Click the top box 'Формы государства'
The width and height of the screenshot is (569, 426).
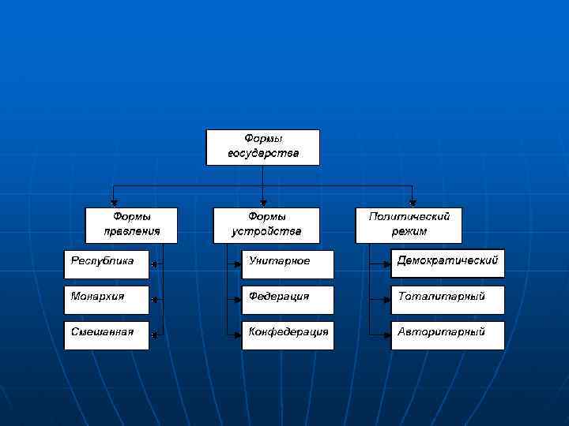pyautogui.click(x=262, y=147)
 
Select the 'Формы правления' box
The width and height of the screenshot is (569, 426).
pyautogui.click(x=131, y=225)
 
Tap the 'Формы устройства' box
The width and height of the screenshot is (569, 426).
pyautogui.click(x=266, y=225)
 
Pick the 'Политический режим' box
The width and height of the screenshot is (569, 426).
pyautogui.click(x=409, y=225)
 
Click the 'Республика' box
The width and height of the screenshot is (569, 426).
pyautogui.click(x=106, y=264)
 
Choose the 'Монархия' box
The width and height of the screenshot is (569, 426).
pyautogui.click(x=106, y=300)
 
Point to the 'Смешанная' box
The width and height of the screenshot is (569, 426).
pyautogui.click(x=106, y=335)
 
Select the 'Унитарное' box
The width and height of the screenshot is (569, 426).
pyautogui.click(x=288, y=264)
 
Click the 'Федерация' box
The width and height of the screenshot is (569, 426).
pyautogui.click(x=288, y=300)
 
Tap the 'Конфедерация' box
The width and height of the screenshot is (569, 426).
pyautogui.click(x=288, y=335)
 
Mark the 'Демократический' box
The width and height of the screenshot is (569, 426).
pyautogui.click(x=447, y=264)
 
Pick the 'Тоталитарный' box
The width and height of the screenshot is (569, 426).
pyautogui.click(x=447, y=300)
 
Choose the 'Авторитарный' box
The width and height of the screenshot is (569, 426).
pyautogui.click(x=447, y=335)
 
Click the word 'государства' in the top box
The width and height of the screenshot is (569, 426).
pyautogui.click(x=263, y=153)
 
